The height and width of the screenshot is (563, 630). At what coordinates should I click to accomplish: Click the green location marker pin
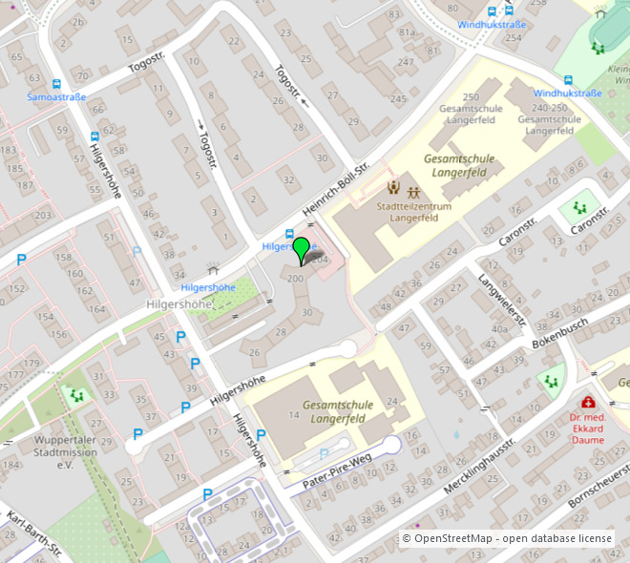click(302, 249)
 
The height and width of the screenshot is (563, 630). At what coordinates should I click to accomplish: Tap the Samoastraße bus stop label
click(56, 97)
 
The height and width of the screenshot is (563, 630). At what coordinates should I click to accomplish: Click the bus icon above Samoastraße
click(56, 84)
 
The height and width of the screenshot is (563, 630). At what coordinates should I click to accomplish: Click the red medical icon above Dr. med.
click(588, 403)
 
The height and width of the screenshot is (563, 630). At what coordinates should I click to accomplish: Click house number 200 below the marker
click(296, 278)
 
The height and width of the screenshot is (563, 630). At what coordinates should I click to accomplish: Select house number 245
click(398, 99)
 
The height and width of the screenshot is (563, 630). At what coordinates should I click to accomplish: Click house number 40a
click(500, 329)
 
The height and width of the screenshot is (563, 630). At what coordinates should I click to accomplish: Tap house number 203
click(43, 215)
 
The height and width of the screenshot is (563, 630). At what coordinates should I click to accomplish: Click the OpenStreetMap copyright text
click(507, 538)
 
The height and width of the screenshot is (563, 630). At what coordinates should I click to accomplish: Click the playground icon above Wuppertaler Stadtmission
click(74, 392)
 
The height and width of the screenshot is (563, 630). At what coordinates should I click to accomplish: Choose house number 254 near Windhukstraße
click(514, 37)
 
